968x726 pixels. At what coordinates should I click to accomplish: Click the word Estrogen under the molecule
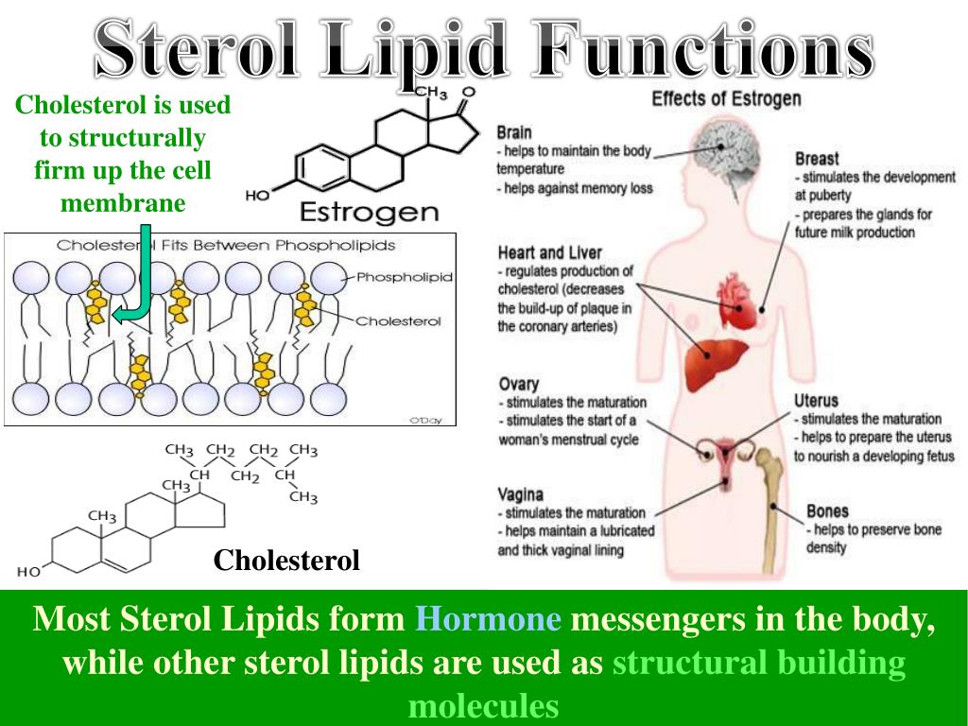[x=370, y=210]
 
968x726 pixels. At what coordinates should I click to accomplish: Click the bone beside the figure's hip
[x=769, y=492]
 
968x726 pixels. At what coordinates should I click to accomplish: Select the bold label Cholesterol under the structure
[x=286, y=561]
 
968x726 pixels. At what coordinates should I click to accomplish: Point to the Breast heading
[x=817, y=159]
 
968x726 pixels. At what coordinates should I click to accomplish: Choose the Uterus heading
[x=816, y=401]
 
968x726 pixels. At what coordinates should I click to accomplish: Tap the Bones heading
[x=827, y=511]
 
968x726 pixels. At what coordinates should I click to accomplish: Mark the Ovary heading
[x=518, y=384]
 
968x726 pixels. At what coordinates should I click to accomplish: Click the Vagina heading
[x=521, y=494]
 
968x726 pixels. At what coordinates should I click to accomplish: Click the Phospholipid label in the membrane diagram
[x=404, y=277]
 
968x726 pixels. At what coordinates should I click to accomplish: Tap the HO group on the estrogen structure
[x=257, y=197]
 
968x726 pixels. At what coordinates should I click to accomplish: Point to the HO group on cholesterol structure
[x=28, y=571]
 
